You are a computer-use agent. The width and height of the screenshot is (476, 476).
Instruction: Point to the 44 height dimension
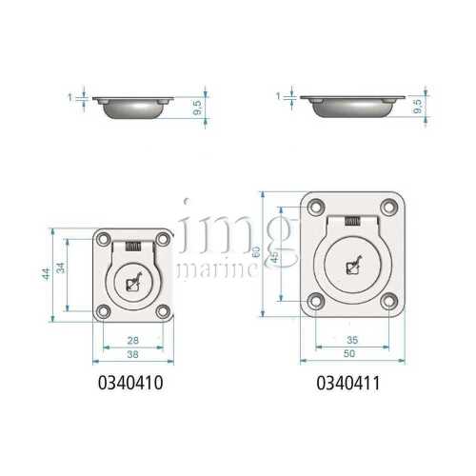45,273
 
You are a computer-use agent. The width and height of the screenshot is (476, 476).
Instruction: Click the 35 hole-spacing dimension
350,340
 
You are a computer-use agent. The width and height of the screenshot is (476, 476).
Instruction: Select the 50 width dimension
350,353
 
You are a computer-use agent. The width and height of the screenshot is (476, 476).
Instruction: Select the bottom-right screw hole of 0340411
387,302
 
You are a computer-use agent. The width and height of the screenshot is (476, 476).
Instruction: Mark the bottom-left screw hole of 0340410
102,311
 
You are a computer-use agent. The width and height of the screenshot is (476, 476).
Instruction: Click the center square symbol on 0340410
134,282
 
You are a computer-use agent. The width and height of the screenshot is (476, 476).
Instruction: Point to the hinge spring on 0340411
352,222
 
